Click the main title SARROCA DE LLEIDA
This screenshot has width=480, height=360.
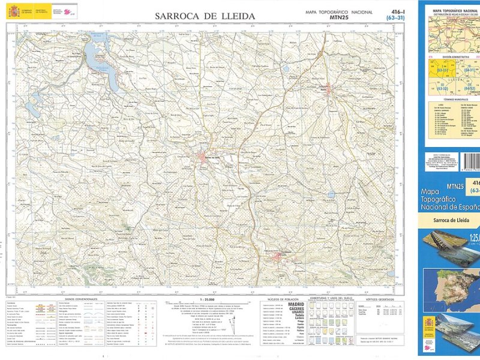pyautogui.click(x=205, y=16)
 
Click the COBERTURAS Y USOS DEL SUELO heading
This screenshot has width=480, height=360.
pyautogui.click(x=331, y=298)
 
